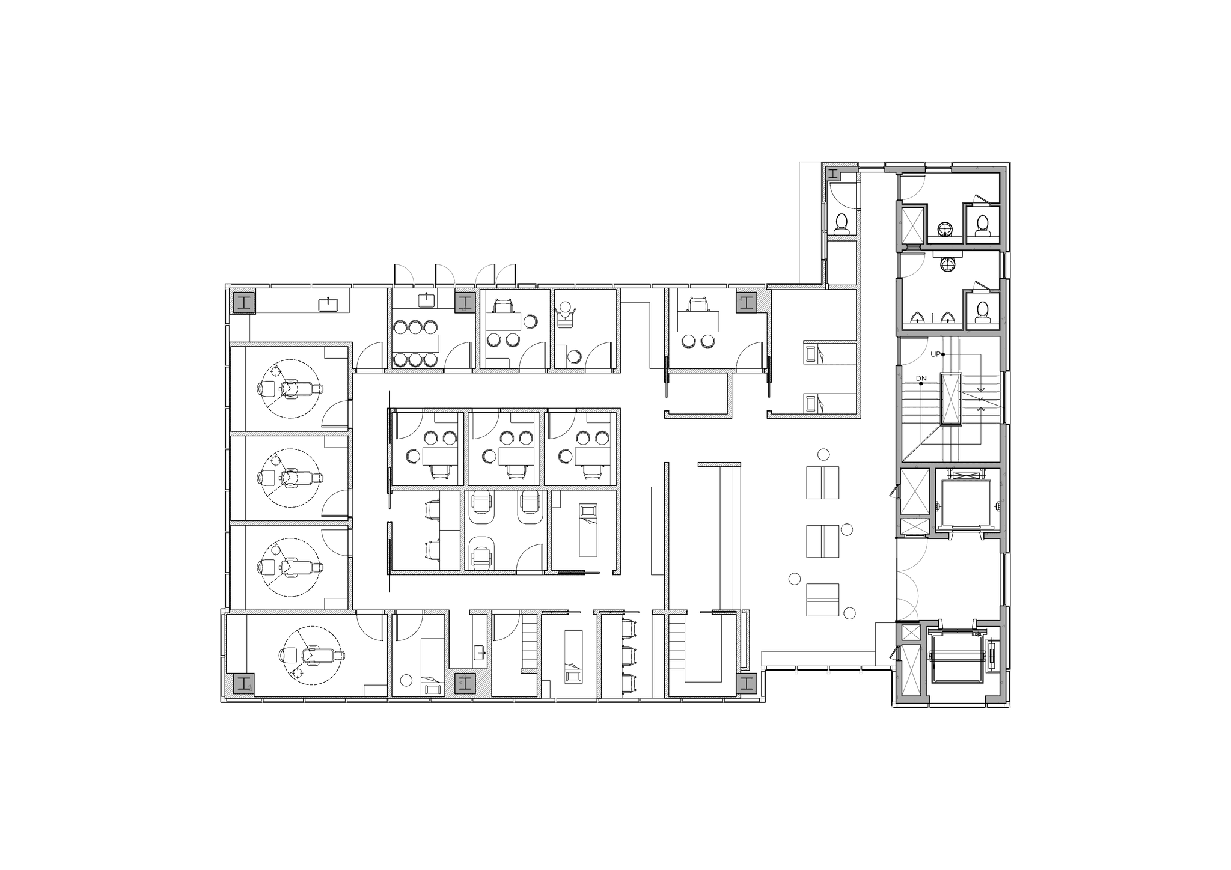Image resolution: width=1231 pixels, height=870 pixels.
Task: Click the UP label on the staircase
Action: [x=936, y=354]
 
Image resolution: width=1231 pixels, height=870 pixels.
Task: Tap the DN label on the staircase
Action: [x=921, y=378]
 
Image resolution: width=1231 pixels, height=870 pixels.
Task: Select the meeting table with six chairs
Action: [x=415, y=343]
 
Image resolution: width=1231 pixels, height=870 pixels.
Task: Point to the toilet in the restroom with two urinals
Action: [x=982, y=311]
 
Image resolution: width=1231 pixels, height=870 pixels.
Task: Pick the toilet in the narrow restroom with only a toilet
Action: [x=842, y=223]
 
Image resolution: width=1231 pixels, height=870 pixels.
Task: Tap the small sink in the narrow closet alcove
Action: [x=480, y=652]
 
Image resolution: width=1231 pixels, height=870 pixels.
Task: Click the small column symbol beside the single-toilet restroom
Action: [x=832, y=174]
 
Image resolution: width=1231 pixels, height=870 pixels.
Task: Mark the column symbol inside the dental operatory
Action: [x=243, y=683]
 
